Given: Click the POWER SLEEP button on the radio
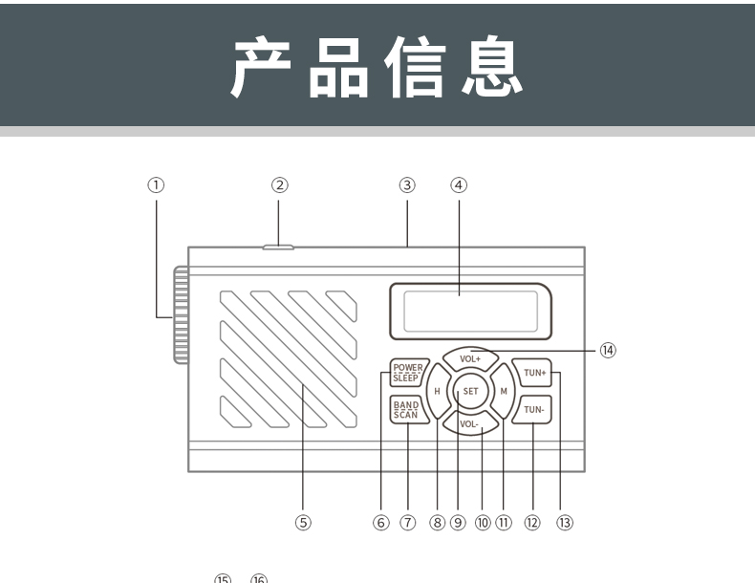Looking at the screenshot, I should click(406, 373).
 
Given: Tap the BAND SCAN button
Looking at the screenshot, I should click(406, 410).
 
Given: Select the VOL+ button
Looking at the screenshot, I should click(469, 358).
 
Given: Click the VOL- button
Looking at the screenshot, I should click(468, 422).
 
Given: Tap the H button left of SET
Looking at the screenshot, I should click(437, 391).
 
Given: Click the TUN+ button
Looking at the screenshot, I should click(533, 373).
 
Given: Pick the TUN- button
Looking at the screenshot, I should click(533, 410).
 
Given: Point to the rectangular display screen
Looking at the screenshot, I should click(469, 309).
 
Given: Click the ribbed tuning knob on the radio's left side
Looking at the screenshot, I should click(181, 316).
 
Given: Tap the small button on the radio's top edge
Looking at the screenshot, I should click(278, 248).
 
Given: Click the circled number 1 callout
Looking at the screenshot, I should click(155, 184).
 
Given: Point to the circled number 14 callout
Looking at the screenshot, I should click(608, 350).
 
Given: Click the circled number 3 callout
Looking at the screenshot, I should click(406, 184).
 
